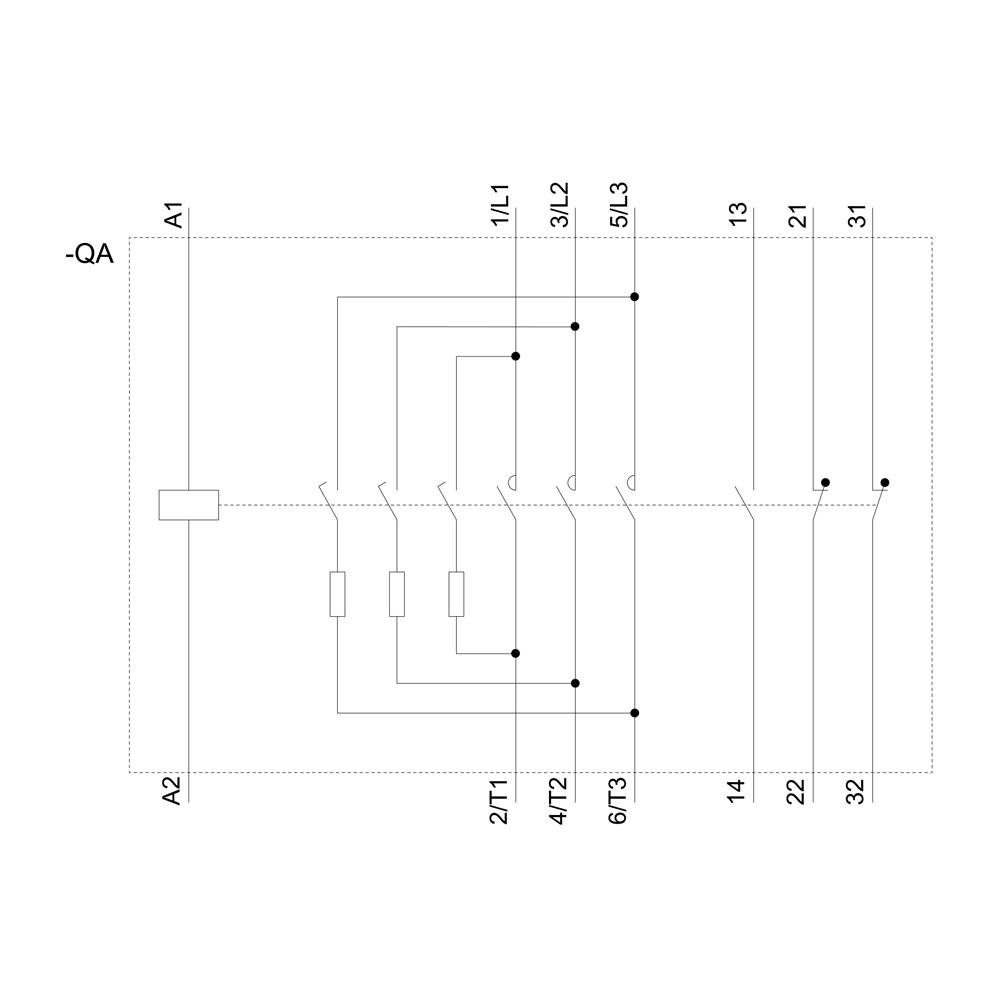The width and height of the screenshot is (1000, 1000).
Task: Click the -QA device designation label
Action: click(x=90, y=255)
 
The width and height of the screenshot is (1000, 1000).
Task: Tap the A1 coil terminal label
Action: click(x=174, y=216)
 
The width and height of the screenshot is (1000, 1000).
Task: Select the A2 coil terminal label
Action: click(x=173, y=791)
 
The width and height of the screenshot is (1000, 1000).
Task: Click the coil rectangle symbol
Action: click(x=189, y=505)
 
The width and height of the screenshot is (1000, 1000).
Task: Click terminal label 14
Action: click(x=738, y=791)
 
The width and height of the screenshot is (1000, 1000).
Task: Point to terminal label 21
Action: click(x=798, y=214)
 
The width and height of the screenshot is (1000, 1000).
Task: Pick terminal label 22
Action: click(x=798, y=791)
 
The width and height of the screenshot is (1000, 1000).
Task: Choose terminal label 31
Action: click(x=858, y=214)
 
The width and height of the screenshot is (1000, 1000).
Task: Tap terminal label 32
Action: click(x=858, y=791)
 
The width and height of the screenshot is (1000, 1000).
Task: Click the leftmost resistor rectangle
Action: click(x=338, y=594)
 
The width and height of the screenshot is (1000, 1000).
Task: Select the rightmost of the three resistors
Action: click(x=456, y=594)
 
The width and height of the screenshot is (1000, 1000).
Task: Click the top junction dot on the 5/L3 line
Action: click(x=635, y=297)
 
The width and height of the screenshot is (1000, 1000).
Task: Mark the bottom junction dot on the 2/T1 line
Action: click(x=516, y=653)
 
